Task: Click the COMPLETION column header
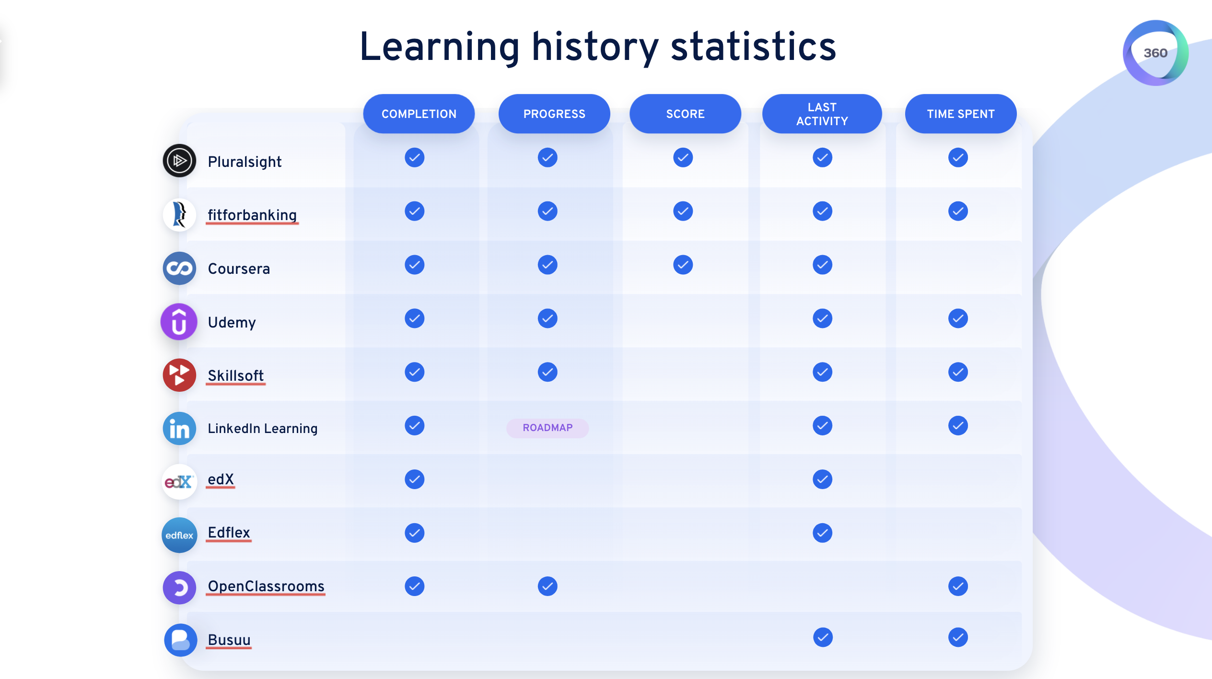pyautogui.click(x=419, y=114)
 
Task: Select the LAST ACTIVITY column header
pyautogui.click(x=822, y=114)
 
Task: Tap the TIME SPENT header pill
pyautogui.click(x=960, y=114)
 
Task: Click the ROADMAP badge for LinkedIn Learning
pyautogui.click(x=548, y=428)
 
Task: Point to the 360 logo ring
pyautogui.click(x=1155, y=53)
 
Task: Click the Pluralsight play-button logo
pyautogui.click(x=179, y=161)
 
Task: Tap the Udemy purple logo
pyautogui.click(x=179, y=322)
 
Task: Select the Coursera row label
pyautogui.click(x=239, y=269)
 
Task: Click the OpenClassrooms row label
pyautogui.click(x=266, y=586)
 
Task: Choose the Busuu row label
pyautogui.click(x=229, y=640)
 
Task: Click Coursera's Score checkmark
pyautogui.click(x=683, y=265)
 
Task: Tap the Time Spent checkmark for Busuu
pyautogui.click(x=958, y=637)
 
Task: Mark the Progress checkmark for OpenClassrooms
pyautogui.click(x=548, y=586)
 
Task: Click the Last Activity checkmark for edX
pyautogui.click(x=822, y=479)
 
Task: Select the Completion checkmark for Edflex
pyautogui.click(x=414, y=533)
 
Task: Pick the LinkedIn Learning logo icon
pyautogui.click(x=179, y=428)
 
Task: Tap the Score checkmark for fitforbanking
pyautogui.click(x=683, y=211)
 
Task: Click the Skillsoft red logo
pyautogui.click(x=179, y=375)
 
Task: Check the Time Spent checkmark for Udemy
pyautogui.click(x=958, y=318)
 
